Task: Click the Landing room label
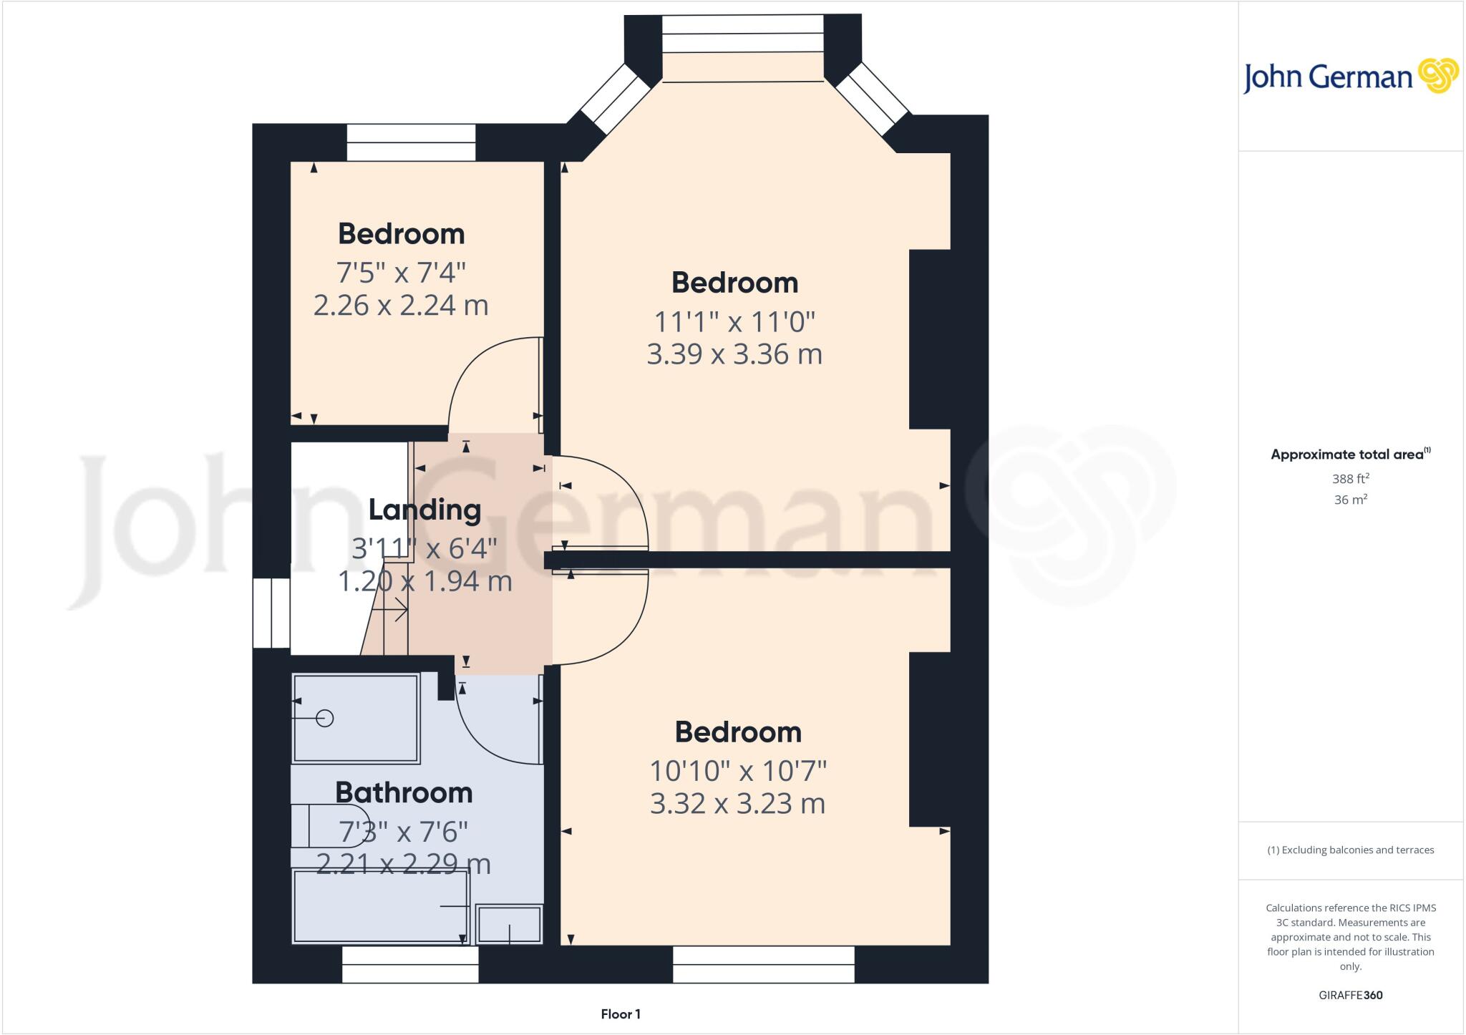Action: [424, 510]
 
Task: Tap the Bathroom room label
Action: [404, 792]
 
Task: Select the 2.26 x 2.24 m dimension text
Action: [401, 305]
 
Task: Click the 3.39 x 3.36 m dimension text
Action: [734, 354]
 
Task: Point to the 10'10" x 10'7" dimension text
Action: [738, 771]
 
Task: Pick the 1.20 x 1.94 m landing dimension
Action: [424, 580]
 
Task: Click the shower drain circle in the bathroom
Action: [325, 718]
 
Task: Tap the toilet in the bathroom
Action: [330, 826]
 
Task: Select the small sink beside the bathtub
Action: [509, 924]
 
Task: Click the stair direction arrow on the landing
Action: [391, 611]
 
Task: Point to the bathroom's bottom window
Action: [410, 964]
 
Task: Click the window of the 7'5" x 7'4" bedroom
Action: [412, 142]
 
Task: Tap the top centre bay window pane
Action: [743, 34]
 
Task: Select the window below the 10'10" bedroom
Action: [764, 964]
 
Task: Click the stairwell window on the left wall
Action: [271, 613]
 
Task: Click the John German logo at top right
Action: [1350, 77]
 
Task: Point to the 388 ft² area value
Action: [1351, 478]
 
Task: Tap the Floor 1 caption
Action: [621, 1014]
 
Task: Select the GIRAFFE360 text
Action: [1351, 995]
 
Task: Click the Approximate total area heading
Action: [1351, 454]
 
